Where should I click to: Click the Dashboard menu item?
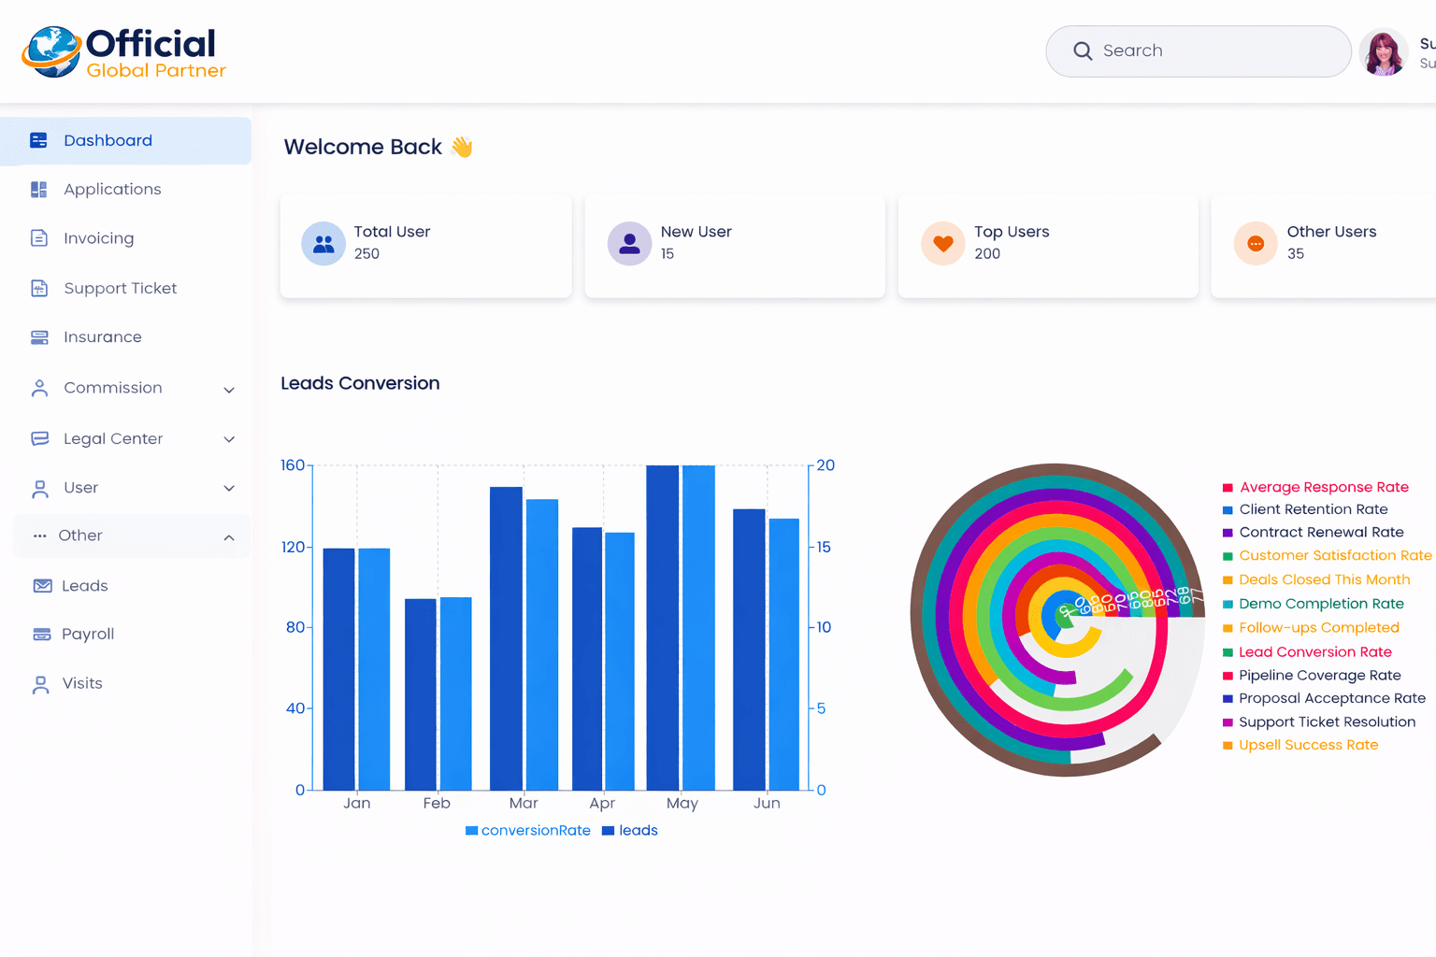coord(108,141)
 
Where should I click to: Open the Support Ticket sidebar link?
coord(120,289)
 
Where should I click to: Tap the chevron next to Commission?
coord(229,390)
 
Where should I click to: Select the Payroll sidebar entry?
coord(87,635)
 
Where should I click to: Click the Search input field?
coord(1206,51)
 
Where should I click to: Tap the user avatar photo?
coord(1383,52)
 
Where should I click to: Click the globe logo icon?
coord(52,51)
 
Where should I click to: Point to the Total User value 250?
coord(366,254)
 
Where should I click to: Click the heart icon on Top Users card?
coord(942,244)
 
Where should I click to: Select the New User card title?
coord(696,232)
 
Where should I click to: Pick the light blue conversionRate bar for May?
coord(698,626)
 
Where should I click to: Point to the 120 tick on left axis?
coord(293,548)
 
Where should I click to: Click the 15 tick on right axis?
coord(824,548)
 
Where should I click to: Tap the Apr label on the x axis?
coord(602,804)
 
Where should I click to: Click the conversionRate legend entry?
coord(528,831)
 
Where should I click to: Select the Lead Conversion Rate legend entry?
coord(1314,652)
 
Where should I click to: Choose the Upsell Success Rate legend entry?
coord(1308,746)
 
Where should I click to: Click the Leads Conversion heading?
coord(360,384)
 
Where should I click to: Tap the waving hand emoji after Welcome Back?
coord(462,148)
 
